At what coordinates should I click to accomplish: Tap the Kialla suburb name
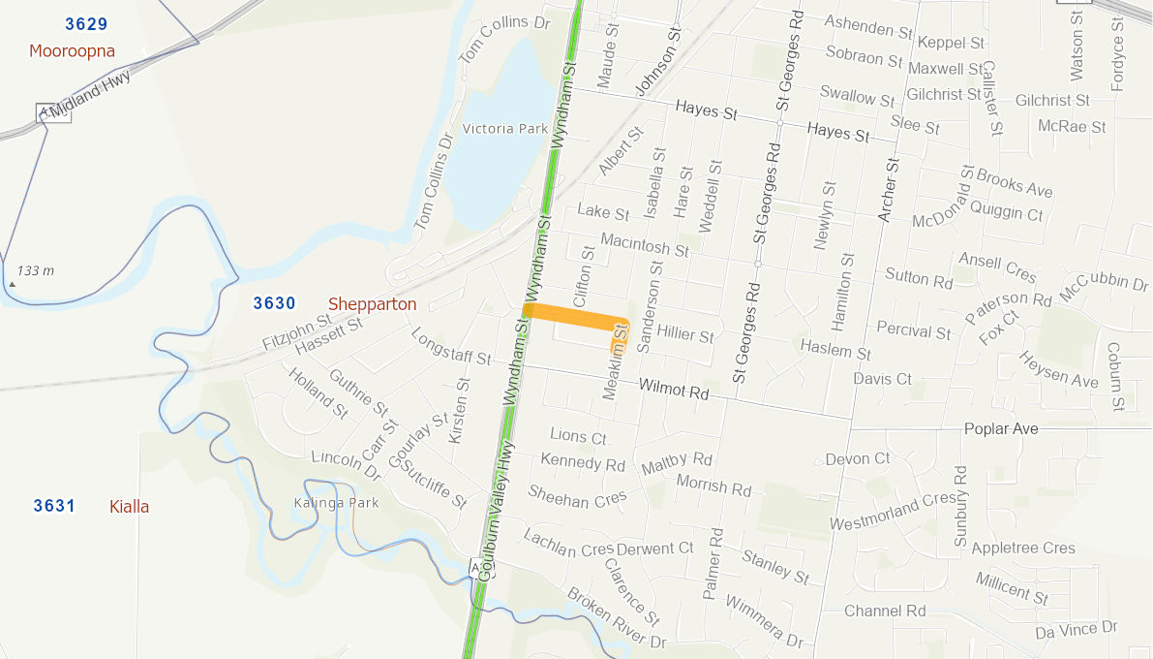click(130, 506)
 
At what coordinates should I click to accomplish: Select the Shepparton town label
click(372, 304)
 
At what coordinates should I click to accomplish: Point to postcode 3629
click(86, 23)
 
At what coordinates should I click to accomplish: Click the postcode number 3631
click(54, 505)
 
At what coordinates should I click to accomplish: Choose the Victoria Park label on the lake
click(505, 129)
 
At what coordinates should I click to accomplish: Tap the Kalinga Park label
click(336, 503)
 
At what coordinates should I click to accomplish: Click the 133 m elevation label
click(36, 270)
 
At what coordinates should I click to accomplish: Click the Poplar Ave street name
click(1001, 428)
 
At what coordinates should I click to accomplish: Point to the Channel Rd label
click(885, 611)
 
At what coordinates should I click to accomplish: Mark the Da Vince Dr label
click(1077, 631)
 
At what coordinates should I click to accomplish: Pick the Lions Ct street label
click(578, 436)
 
